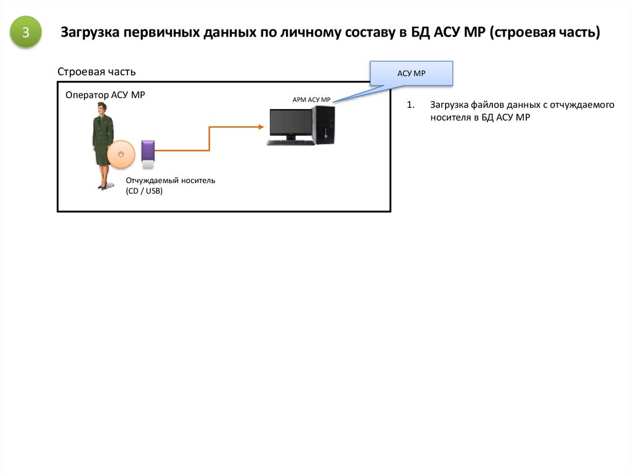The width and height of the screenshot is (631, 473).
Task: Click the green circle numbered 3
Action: coord(26,33)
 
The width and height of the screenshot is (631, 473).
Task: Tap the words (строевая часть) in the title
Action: coord(545,33)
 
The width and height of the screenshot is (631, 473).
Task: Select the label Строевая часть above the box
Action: coord(96,72)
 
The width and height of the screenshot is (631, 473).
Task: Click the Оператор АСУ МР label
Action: coord(105,95)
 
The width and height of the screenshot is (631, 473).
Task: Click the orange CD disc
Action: coord(121,155)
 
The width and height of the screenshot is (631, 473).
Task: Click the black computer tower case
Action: coord(324,125)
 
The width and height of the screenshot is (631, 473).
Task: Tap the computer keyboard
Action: coord(290,142)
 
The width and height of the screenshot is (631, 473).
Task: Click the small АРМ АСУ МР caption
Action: coord(311,100)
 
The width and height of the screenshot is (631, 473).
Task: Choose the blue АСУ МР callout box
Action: coord(411,73)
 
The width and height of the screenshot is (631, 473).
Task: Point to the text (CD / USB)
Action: coord(144,191)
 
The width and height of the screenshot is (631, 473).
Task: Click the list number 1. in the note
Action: coord(410,105)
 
